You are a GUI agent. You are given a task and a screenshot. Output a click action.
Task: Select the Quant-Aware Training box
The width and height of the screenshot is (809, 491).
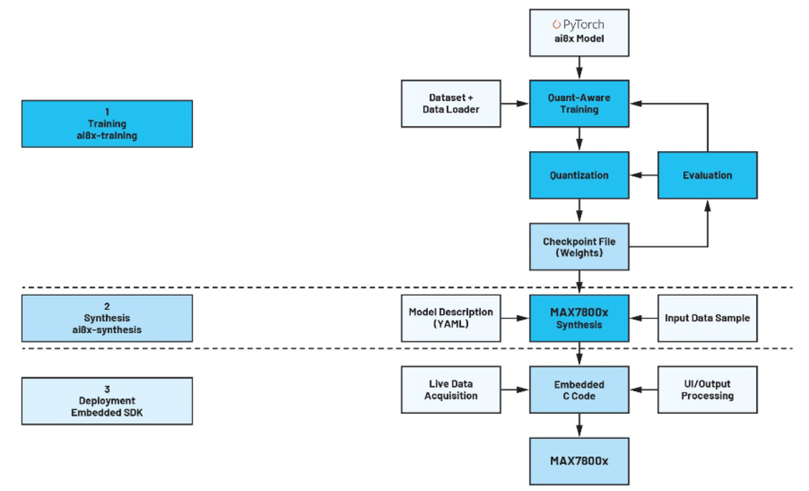click(x=580, y=104)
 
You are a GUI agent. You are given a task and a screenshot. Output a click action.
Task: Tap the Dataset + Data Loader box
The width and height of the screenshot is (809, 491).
click(x=451, y=104)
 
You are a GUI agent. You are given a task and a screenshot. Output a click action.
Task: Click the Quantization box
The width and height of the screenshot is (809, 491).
click(x=580, y=175)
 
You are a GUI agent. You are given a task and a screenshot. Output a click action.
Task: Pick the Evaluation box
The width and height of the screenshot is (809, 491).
click(x=707, y=175)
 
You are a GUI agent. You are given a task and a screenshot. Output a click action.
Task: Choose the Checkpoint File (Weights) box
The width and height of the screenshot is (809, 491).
click(x=580, y=247)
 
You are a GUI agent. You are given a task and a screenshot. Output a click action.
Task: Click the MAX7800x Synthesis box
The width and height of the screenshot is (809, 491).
click(x=580, y=318)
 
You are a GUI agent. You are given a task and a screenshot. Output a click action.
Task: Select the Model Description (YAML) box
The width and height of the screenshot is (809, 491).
click(x=451, y=318)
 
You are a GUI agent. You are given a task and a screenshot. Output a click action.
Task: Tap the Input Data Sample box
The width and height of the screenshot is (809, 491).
click(x=707, y=318)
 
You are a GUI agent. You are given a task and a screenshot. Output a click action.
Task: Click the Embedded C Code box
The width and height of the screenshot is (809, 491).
click(x=580, y=390)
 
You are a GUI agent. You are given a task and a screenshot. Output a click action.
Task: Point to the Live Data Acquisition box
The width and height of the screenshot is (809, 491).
click(x=451, y=390)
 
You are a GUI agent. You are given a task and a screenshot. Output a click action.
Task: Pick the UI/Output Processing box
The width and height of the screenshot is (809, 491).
click(x=707, y=390)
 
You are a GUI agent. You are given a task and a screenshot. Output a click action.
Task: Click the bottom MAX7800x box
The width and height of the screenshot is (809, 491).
click(x=580, y=461)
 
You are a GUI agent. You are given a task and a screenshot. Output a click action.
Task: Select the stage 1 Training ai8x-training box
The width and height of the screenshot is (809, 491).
click(x=107, y=124)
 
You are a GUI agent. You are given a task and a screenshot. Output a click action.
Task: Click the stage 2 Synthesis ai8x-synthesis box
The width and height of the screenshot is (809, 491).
click(x=107, y=318)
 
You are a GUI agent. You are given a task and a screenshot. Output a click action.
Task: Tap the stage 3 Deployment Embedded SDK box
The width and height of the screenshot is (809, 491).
click(x=107, y=401)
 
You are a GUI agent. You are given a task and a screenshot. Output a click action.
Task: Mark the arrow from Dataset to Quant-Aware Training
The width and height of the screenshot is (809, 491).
click(x=516, y=104)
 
